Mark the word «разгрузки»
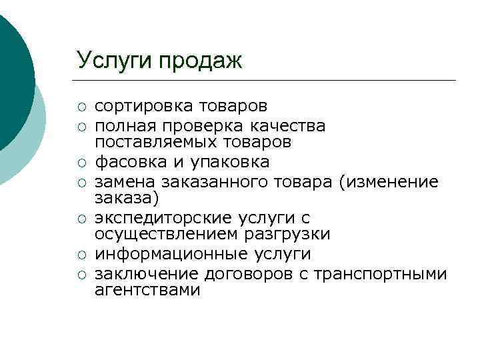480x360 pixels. pos(291,235)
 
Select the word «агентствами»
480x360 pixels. pos(147,291)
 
